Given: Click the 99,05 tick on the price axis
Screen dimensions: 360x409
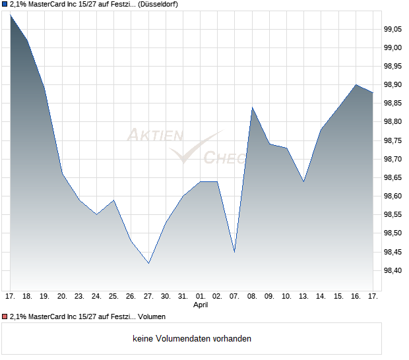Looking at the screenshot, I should click(393, 29).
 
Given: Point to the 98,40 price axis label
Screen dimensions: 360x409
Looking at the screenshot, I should click(393, 271).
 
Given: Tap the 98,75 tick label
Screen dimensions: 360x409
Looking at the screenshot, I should click(393, 140).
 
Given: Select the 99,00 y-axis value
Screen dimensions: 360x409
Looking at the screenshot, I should click(393, 47).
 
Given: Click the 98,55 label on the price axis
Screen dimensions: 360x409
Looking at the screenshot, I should click(393, 215).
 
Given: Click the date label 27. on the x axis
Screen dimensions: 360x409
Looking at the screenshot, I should click(148, 296).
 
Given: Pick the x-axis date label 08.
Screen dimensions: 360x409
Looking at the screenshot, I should click(252, 296).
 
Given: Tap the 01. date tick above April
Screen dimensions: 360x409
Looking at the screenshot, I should click(201, 296).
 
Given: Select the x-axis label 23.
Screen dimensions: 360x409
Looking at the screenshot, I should click(79, 296).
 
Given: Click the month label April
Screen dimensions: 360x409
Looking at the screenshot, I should click(201, 305).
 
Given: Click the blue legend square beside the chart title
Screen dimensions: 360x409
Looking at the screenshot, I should click(5, 5).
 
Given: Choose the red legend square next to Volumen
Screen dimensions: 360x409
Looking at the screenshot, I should click(5, 316).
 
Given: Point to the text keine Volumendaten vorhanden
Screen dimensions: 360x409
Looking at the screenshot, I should click(192, 339).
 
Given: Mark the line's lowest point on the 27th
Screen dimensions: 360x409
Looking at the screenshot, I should click(148, 264).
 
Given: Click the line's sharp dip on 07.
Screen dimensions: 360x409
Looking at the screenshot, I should click(235, 252).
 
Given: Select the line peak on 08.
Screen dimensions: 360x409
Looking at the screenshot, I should click(252, 107).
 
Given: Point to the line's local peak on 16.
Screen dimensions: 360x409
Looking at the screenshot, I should click(356, 84).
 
